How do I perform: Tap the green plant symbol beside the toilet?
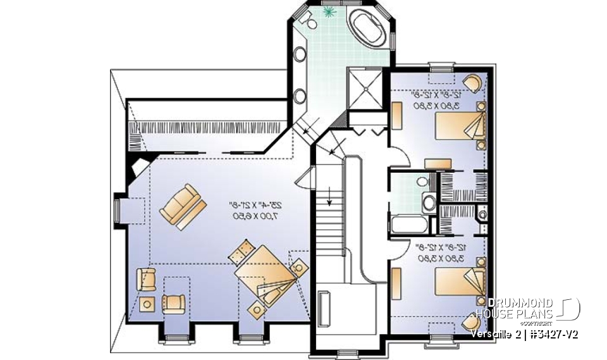(329, 12)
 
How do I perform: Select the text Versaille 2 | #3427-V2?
(524, 333)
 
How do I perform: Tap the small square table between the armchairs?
(149, 304)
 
